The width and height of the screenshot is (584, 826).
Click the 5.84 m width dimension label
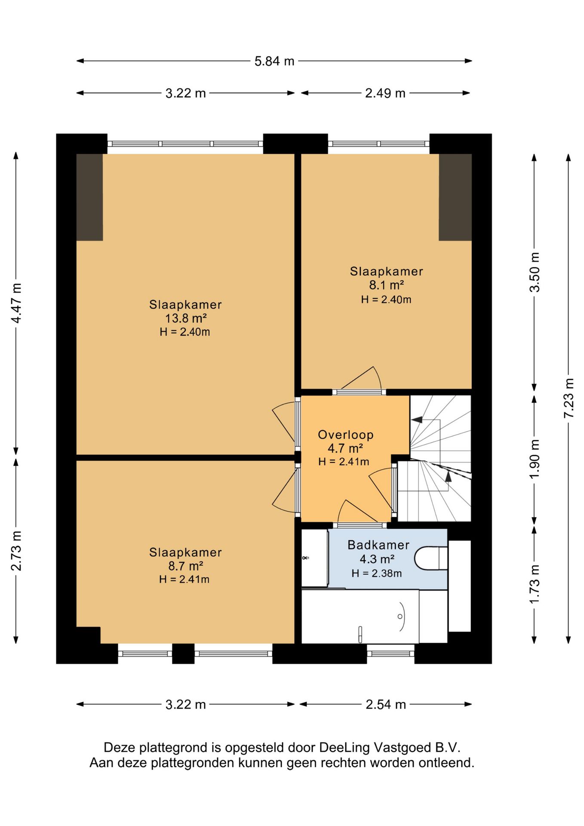point(274,61)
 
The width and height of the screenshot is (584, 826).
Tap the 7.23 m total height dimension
point(569,398)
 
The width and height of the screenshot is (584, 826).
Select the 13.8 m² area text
point(186,318)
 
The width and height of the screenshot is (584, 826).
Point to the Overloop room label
point(345,435)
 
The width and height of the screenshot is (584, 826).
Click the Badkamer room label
point(378,545)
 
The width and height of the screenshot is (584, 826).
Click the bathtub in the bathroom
point(360,616)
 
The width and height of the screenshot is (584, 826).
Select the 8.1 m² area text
point(386,285)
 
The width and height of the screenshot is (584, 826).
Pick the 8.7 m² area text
point(185,566)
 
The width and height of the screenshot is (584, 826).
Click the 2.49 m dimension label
point(385,93)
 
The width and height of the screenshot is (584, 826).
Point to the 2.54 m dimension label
point(386,704)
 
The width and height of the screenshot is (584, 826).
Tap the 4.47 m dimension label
point(16,303)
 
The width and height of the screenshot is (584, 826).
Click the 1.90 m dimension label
point(534,459)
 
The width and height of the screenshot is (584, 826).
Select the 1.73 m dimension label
point(534,584)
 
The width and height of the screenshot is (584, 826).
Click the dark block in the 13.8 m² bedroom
point(89,197)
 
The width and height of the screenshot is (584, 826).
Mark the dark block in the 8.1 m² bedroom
point(455,197)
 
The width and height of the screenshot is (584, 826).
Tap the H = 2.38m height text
point(377,573)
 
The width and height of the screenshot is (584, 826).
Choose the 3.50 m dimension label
point(534,272)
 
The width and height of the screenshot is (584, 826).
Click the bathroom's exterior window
point(390,653)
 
